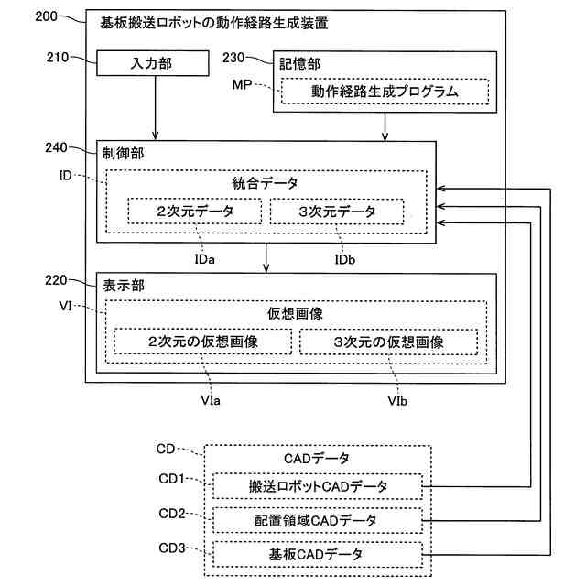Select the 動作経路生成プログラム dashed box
click(x=384, y=92)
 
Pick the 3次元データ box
click(x=337, y=212)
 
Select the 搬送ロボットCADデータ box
click(x=318, y=485)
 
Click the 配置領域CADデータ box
click(x=318, y=520)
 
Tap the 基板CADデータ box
click(x=318, y=555)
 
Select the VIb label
click(x=397, y=401)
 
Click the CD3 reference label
click(x=171, y=548)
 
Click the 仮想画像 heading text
click(x=294, y=313)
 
